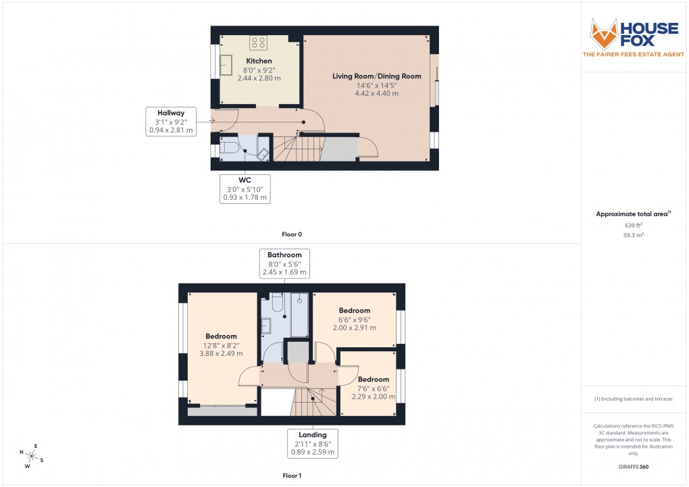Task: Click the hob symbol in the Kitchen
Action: point(258,43)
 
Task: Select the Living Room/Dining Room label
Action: point(376,76)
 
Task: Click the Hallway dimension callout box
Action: point(171,122)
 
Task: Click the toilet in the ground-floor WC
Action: point(228,148)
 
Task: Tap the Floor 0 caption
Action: point(292,234)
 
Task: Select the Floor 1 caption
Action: point(292,476)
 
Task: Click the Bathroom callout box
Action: point(284,263)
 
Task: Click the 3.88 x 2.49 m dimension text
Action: point(221,353)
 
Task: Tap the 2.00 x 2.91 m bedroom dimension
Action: point(355,328)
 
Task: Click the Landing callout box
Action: point(312,443)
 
